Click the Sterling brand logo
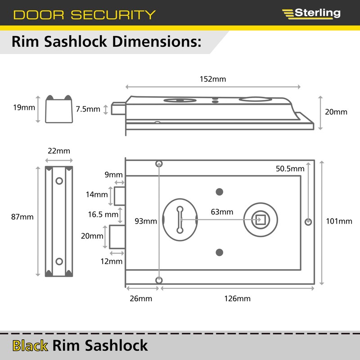[x=311, y=14]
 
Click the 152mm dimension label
[x=213, y=79]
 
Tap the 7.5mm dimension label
[x=88, y=109]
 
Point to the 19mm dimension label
[x=24, y=108]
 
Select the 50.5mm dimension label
[x=290, y=169]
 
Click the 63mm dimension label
[x=222, y=212]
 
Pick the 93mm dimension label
[x=146, y=221]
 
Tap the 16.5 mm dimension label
[x=103, y=215]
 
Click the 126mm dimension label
[x=238, y=299]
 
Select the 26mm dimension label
[x=141, y=299]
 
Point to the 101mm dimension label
[x=339, y=221]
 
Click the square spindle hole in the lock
[x=261, y=220]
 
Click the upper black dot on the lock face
[x=220, y=192]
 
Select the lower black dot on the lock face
[x=220, y=252]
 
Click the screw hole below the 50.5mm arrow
[x=308, y=222]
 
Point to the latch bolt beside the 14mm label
[x=120, y=196]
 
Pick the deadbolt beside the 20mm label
[x=117, y=237]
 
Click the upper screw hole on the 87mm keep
[x=59, y=181]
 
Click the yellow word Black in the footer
[x=30, y=346]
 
